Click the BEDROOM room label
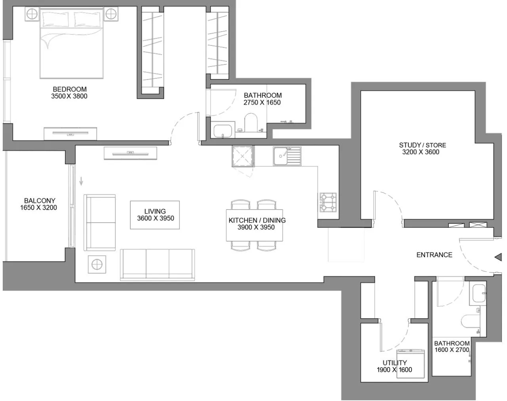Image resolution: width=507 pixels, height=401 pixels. [69, 89]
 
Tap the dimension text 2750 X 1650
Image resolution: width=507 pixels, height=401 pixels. [262, 103]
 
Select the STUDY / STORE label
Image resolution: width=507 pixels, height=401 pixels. [423, 145]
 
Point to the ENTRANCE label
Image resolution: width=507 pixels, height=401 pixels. [434, 255]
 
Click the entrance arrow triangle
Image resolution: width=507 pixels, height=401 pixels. [498, 257]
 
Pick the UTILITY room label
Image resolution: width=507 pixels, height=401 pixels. [395, 362]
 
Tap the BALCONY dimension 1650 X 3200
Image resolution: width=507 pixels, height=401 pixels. [39, 208]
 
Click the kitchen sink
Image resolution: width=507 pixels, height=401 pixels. [287, 156]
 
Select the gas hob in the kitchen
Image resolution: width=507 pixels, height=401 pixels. [328, 202]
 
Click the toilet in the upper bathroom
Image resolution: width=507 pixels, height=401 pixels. [251, 123]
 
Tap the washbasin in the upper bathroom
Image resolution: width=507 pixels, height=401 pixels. [222, 131]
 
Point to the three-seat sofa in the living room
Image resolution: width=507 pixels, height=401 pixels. [157, 265]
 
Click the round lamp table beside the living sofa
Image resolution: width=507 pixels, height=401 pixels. [97, 264]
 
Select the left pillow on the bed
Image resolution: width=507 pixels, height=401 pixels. [55, 18]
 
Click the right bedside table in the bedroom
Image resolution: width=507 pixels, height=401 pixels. [111, 14]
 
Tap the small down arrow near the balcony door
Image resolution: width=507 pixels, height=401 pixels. [81, 181]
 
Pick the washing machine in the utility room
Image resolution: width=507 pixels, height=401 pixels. [411, 364]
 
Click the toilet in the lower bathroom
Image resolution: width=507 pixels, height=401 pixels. [470, 322]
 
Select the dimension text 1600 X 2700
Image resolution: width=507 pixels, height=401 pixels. [452, 350]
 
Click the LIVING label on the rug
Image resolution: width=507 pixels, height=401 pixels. [155, 211]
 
